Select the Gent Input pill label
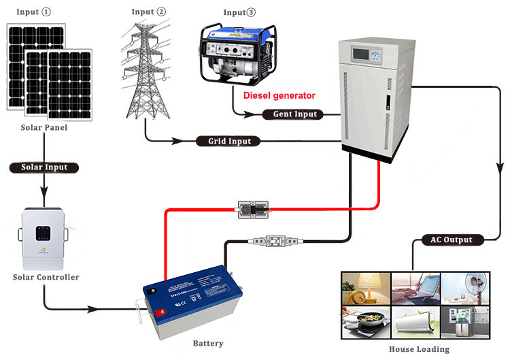[294, 114]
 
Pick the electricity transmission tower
[147, 71]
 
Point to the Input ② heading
[149, 12]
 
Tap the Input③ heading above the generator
[241, 12]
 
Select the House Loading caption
[419, 349]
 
